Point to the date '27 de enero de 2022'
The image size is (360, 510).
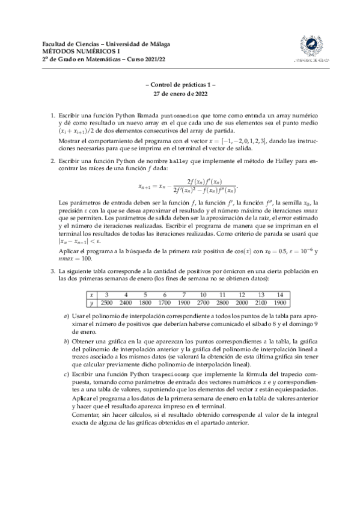tap(180, 95)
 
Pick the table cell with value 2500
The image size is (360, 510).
tap(106, 303)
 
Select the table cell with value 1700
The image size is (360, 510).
tap(164, 303)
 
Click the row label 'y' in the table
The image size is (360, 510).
tap(91, 303)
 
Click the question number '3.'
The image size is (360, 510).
tap(52, 272)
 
